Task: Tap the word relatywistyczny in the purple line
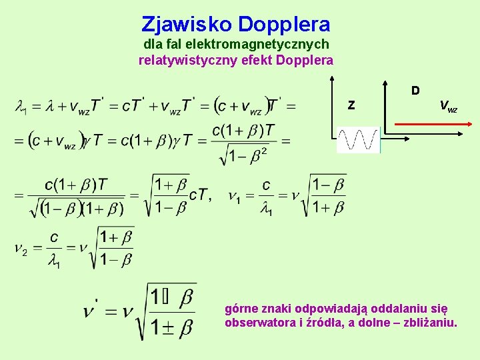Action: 180,61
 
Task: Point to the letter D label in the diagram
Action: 415,90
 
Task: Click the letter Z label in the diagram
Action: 351,105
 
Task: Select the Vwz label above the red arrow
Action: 448,105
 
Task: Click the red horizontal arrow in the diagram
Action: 433,123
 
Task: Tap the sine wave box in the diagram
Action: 358,140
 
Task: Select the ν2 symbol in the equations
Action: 21,249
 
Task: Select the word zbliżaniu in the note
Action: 432,323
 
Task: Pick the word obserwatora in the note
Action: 259,323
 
